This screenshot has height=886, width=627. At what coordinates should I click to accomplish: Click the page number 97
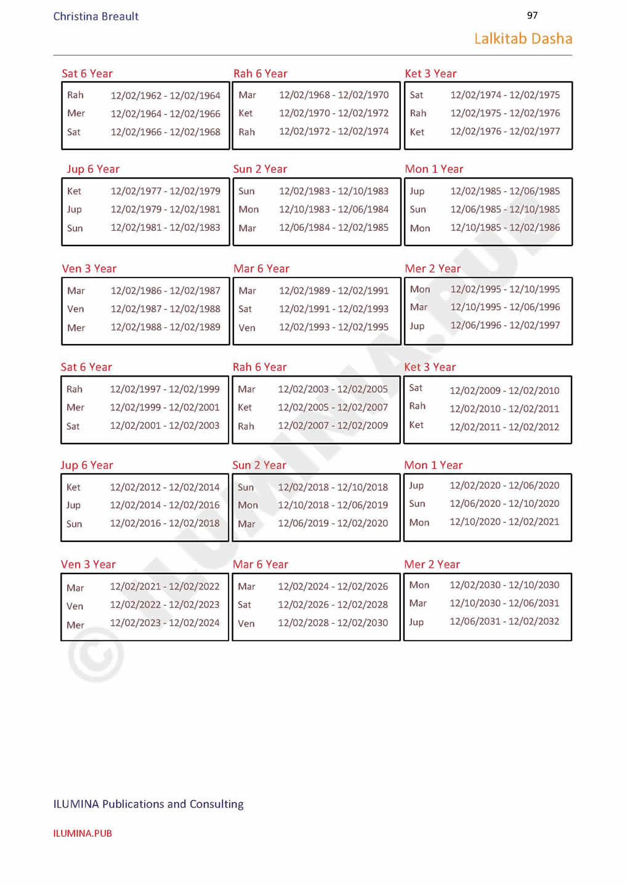tap(532, 15)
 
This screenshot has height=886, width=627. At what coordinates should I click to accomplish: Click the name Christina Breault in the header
tap(95, 17)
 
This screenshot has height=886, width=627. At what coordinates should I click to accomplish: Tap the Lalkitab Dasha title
tap(523, 39)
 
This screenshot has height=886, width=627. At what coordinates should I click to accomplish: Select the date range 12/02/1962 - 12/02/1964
tap(165, 95)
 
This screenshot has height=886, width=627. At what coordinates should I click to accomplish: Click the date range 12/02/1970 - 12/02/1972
tap(334, 113)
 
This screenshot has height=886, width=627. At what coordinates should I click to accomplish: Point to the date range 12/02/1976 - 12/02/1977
tap(505, 132)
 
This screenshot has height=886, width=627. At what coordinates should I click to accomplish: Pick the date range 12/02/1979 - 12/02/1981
tap(165, 209)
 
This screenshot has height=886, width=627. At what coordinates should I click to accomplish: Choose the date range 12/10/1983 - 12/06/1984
tap(334, 209)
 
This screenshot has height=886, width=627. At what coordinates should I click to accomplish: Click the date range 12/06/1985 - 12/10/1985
tap(505, 209)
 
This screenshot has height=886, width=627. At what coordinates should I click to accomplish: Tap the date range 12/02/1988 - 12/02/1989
tap(165, 327)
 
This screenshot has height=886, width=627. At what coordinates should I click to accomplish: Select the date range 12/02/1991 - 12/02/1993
tap(334, 309)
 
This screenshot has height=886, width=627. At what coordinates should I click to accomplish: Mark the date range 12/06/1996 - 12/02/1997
tap(505, 325)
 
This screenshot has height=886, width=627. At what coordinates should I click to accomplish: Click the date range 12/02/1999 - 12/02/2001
tap(164, 407)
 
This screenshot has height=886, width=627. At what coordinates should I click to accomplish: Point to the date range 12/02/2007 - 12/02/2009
tap(333, 425)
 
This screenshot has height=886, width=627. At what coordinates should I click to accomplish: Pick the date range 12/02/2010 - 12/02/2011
tap(504, 409)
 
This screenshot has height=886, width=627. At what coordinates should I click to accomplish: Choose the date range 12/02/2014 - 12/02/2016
tap(164, 505)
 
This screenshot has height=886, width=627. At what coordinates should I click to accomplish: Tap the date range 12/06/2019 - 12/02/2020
tap(333, 523)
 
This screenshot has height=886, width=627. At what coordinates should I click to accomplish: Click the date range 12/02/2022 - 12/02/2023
tap(164, 605)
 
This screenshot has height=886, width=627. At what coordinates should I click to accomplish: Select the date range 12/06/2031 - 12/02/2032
tap(504, 621)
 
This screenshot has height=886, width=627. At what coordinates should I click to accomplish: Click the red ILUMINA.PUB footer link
tap(83, 834)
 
